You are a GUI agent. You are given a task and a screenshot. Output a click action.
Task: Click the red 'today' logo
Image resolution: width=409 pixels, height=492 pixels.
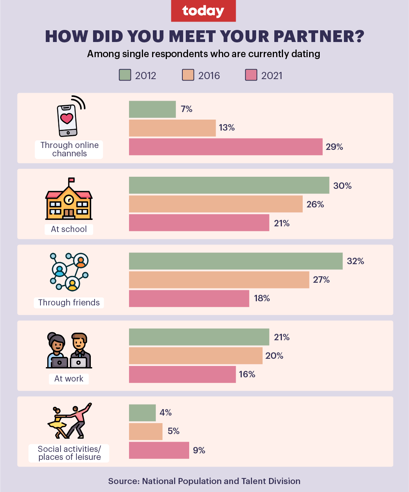coord(203,11)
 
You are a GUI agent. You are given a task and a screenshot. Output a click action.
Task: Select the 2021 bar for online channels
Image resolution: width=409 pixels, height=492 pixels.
coord(225,147)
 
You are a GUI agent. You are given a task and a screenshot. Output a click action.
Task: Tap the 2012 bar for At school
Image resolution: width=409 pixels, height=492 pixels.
coord(229,185)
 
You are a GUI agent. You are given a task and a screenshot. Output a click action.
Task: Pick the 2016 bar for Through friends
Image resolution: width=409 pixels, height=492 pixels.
coord(219,280)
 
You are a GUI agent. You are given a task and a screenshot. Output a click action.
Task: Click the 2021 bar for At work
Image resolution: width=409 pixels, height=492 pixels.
coord(182,374)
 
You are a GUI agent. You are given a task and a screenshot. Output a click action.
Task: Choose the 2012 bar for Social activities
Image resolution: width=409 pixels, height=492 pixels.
coord(142,413)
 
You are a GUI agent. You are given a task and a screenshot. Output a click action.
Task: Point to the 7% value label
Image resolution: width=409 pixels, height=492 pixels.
coord(187,109)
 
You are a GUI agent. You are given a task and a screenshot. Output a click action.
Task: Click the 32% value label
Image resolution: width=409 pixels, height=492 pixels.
coord(355,261)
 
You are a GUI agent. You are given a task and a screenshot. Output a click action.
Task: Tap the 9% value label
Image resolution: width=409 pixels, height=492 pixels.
coord(199,450)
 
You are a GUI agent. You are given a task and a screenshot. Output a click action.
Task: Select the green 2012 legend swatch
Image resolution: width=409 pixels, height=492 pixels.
coord(125,75)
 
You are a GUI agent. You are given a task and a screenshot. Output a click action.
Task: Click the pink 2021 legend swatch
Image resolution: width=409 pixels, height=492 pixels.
coord(251,75)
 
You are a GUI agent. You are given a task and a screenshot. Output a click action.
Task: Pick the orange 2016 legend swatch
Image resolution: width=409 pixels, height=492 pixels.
coord(188,75)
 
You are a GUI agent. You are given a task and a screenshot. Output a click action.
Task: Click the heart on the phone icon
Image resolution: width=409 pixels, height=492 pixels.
coord(67,118)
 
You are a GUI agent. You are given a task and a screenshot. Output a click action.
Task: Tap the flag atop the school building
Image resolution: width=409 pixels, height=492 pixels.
coord(71,180)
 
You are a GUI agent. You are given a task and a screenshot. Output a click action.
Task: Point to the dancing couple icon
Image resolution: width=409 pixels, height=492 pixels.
coord(70,420)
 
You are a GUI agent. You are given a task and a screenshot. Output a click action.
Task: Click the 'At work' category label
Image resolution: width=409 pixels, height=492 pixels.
coord(69,378)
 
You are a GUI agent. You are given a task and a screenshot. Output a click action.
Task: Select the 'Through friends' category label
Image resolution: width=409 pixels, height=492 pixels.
coord(69,302)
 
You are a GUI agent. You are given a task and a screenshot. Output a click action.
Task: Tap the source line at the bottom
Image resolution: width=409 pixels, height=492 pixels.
coord(204,481)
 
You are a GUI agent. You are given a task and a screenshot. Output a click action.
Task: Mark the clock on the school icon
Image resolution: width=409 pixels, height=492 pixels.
coord(68,199)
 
